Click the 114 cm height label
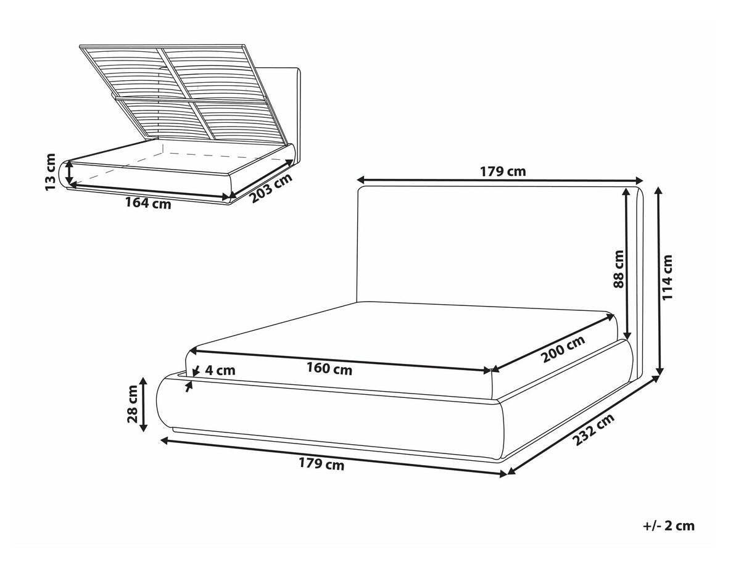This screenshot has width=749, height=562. [667, 277]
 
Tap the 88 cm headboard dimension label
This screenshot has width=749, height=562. [619, 269]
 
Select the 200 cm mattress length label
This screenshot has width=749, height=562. [563, 349]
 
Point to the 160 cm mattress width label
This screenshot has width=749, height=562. [329, 369]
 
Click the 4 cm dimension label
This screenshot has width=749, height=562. [220, 370]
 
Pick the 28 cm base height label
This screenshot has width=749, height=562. [132, 404]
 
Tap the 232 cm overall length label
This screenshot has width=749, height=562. [594, 429]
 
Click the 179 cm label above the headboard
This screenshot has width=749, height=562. [503, 171]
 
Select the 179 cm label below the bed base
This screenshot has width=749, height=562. [321, 464]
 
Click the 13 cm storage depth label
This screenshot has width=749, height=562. [51, 172]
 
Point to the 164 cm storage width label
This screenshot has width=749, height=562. [148, 204]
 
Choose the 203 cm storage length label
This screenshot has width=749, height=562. [271, 188]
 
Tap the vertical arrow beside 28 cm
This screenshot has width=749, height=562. [144, 404]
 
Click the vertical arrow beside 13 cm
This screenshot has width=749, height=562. [69, 173]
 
